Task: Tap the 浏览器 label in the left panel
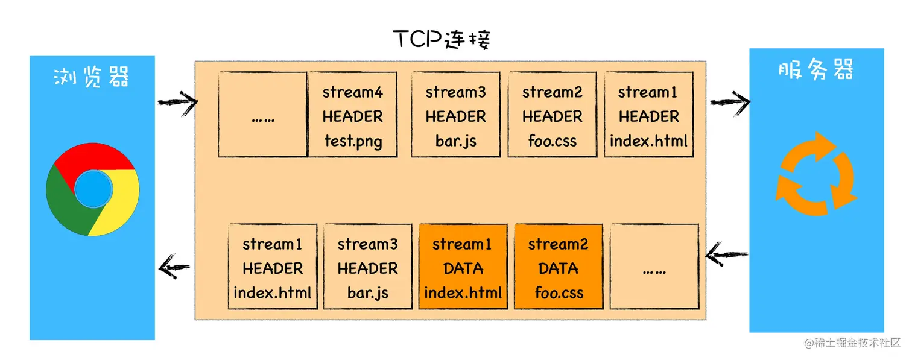92,78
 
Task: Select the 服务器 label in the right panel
815,71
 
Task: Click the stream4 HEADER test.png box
353,115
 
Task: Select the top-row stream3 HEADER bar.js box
455,115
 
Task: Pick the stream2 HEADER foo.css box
552,115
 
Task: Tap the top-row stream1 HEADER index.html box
648,115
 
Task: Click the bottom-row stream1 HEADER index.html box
273,267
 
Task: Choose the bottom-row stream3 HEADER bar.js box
367,267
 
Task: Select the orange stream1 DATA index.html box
463,267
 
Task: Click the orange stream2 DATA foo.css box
559,267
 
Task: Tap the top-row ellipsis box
262,115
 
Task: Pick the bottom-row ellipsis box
654,267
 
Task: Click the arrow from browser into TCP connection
177,102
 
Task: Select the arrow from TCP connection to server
729,102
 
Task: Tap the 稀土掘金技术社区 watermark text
852,343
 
